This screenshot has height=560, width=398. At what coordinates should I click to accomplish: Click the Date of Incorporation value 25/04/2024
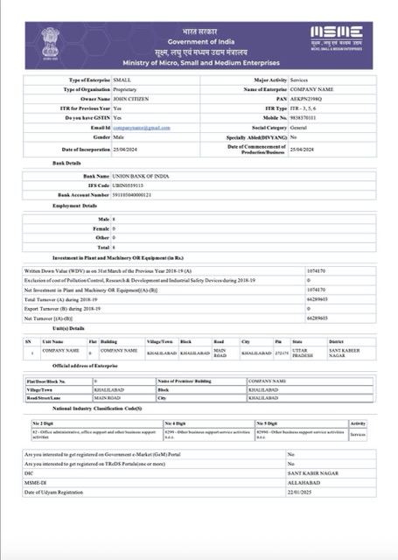pyautogui.click(x=127, y=150)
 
